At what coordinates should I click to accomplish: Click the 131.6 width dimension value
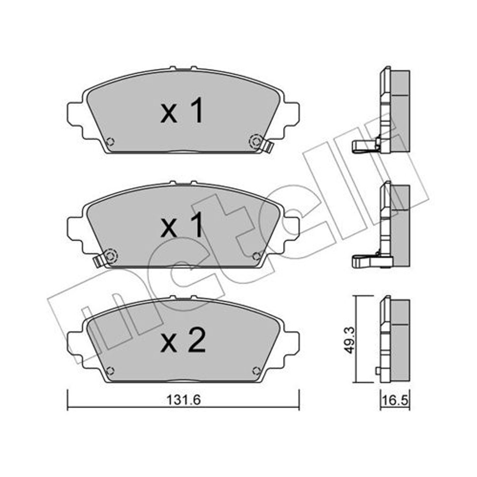[183, 400]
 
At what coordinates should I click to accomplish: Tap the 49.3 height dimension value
[349, 340]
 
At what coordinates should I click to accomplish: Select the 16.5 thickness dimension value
[395, 400]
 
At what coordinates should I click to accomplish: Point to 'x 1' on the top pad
[182, 111]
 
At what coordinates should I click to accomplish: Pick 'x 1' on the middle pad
[182, 225]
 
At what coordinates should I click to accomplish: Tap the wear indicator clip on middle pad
[98, 261]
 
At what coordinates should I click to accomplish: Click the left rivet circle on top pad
[110, 141]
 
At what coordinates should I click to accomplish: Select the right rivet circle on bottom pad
[257, 371]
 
